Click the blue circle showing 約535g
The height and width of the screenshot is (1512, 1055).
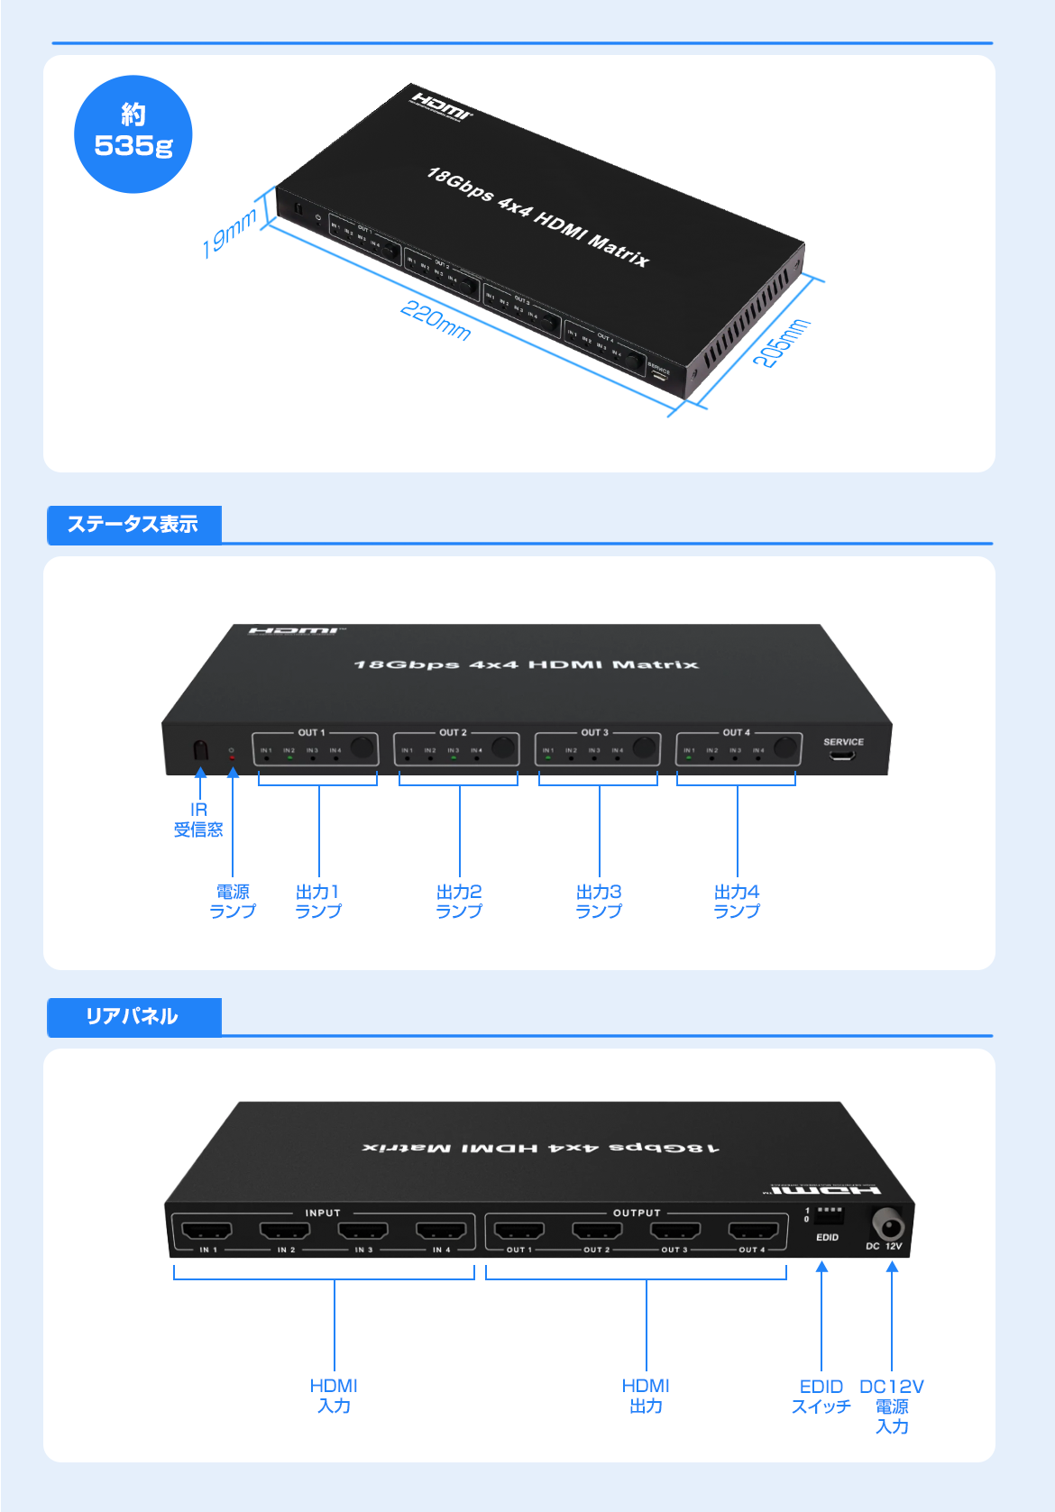coord(133,134)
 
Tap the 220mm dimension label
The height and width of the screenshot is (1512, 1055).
coord(436,321)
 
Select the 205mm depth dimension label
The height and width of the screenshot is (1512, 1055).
coord(782,343)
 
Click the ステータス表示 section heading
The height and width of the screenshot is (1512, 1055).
coord(133,525)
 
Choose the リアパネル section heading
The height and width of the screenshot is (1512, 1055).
coord(133,1017)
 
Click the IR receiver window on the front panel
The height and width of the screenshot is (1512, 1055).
coord(200,750)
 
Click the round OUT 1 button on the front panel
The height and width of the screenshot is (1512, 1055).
coord(362,747)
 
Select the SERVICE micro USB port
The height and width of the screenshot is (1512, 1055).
coord(842,755)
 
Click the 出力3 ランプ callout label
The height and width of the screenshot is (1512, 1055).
coord(599,901)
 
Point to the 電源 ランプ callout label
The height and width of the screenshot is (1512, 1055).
coord(233,901)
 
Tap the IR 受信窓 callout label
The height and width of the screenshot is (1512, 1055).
coord(198,820)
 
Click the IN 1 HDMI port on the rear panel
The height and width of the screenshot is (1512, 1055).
coord(207,1231)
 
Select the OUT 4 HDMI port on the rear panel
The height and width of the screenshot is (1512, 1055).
coord(753,1231)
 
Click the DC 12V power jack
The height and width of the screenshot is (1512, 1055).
coord(887,1225)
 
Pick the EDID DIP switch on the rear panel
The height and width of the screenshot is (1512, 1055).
coord(829,1214)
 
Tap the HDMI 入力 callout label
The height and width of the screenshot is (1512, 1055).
coord(334,1395)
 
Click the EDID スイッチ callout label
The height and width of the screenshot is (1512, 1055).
coord(821,1396)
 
